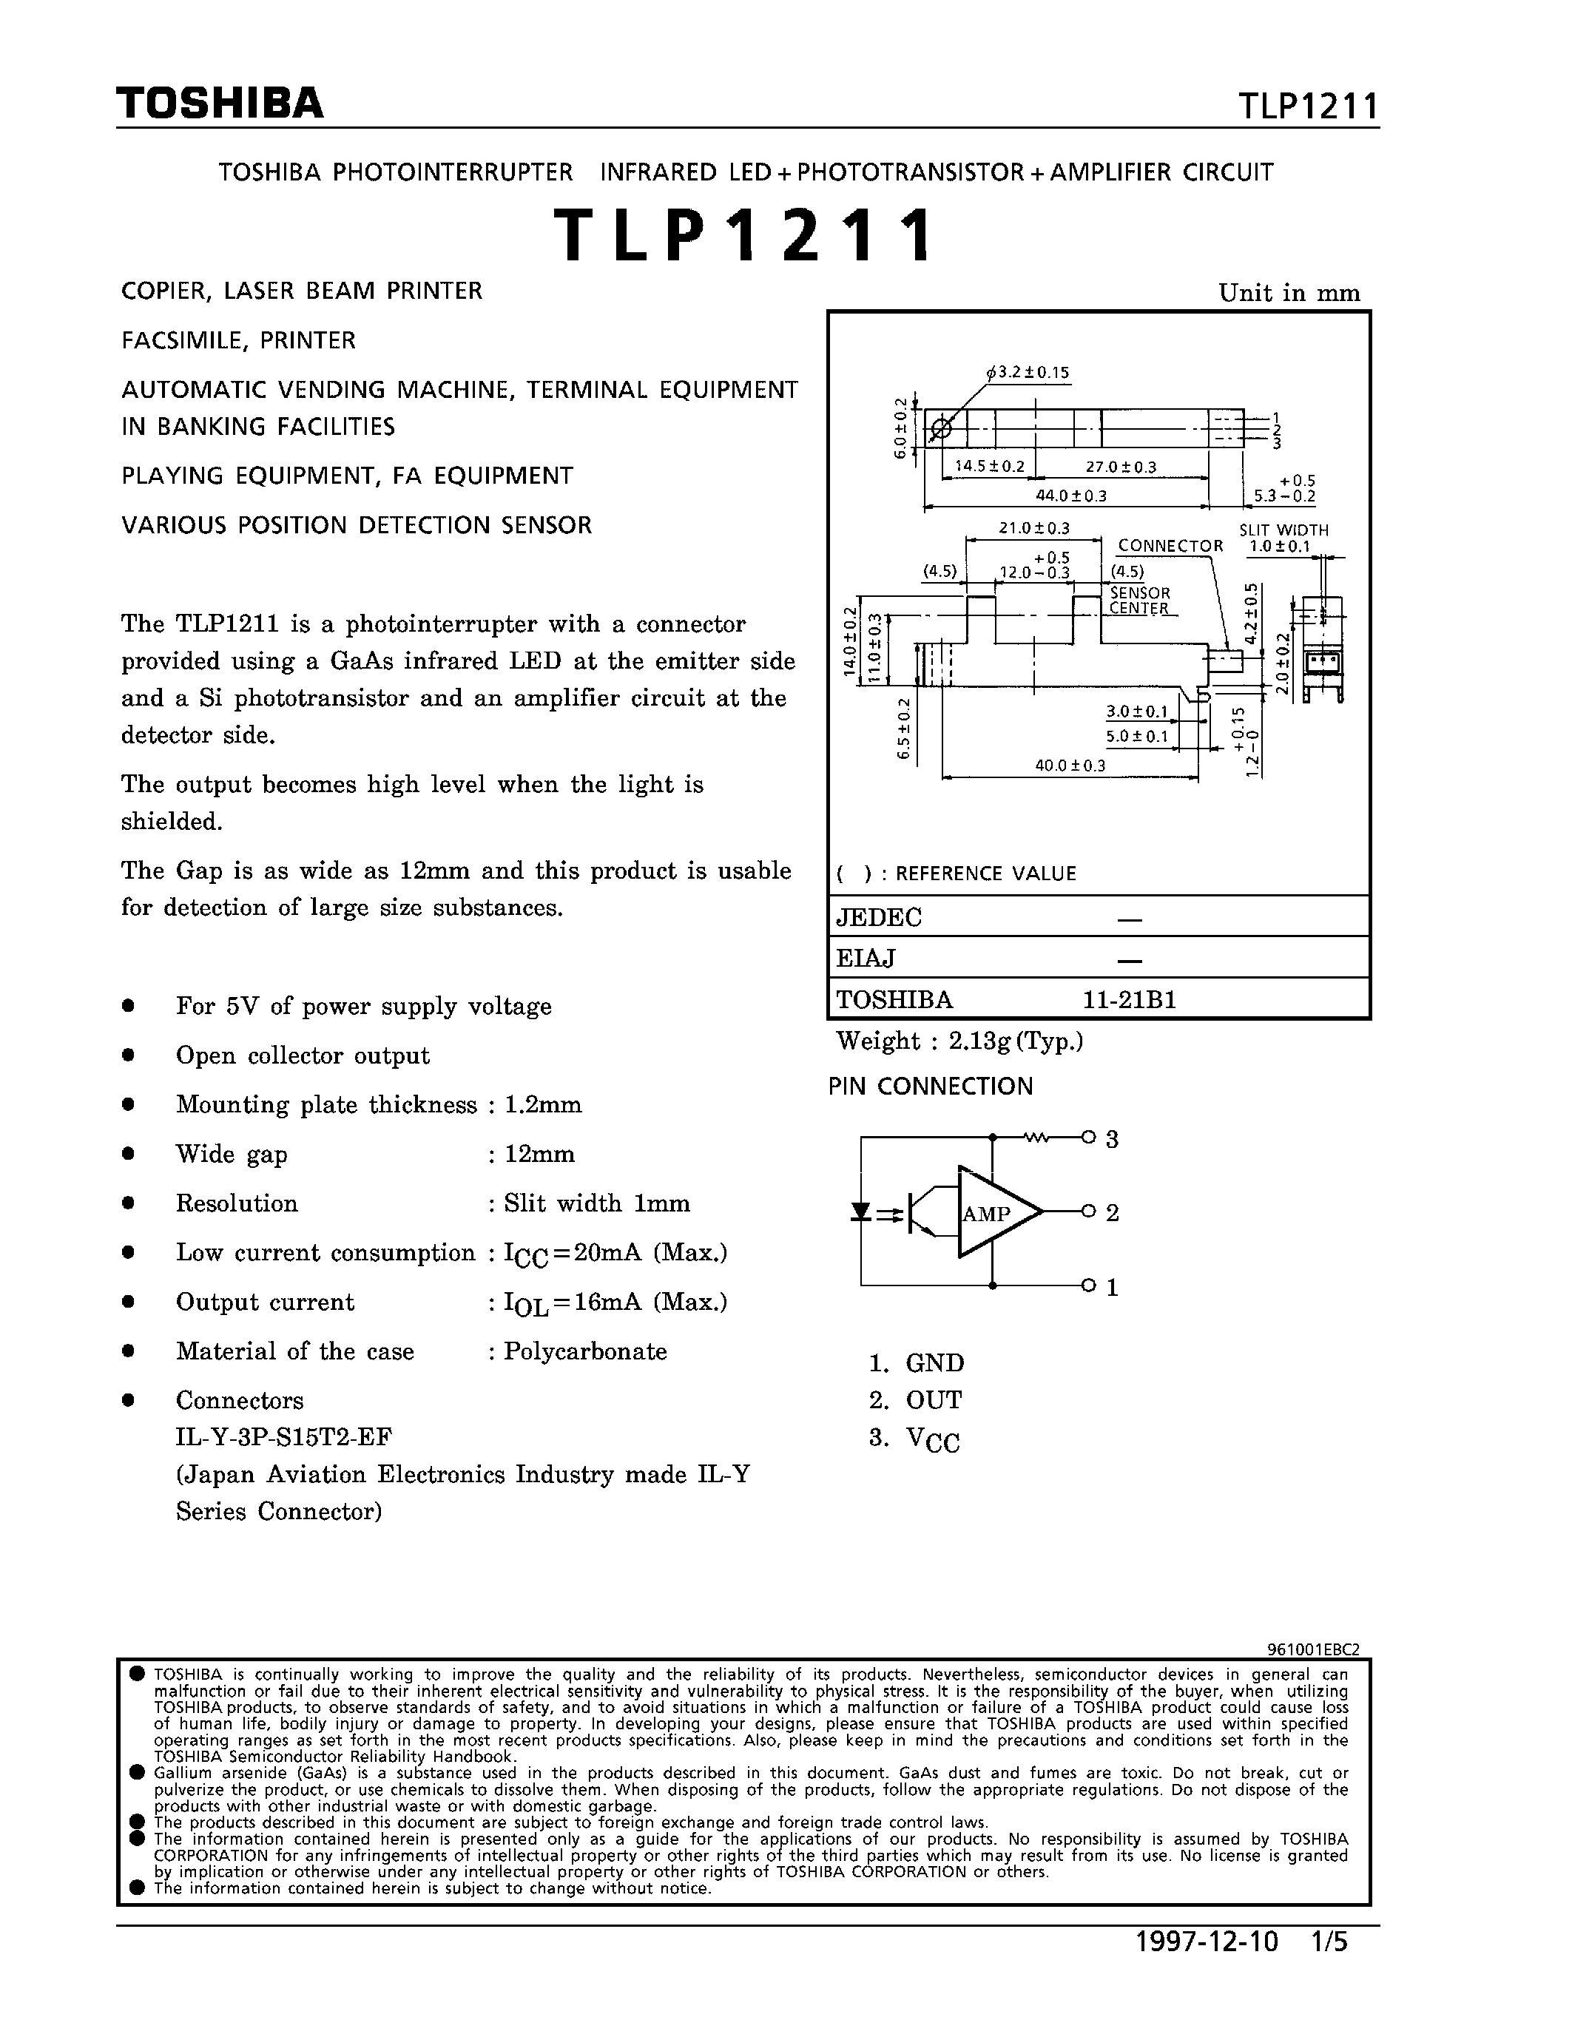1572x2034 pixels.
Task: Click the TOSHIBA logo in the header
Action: click(220, 104)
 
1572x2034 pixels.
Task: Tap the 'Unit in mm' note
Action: click(1289, 294)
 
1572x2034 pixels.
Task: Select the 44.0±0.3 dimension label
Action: click(1071, 496)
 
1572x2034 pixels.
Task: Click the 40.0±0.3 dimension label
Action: click(1070, 766)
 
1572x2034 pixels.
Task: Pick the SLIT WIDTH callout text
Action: click(1283, 530)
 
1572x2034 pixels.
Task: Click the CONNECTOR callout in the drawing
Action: click(1170, 546)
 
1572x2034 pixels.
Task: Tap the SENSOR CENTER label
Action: click(1139, 601)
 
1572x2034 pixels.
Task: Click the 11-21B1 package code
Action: click(1129, 1000)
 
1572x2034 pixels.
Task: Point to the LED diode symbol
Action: click(861, 1212)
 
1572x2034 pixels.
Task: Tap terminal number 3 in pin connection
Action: click(1111, 1139)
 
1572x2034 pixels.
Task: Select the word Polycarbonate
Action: click(585, 1351)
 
